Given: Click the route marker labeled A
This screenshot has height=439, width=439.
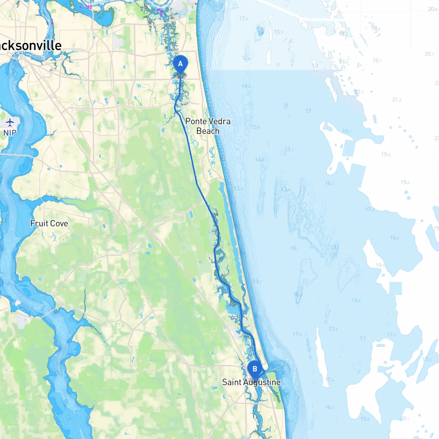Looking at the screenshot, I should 180,64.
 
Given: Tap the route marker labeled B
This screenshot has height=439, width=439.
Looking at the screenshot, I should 255,369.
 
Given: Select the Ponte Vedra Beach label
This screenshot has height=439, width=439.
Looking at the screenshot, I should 208,126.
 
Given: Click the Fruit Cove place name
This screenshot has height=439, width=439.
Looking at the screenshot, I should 49,224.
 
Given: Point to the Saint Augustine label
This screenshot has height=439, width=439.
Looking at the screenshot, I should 251,382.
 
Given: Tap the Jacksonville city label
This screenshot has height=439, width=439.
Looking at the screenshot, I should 31,46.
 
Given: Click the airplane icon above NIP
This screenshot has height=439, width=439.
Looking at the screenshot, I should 10,122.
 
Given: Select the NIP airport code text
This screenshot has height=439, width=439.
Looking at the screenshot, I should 10,133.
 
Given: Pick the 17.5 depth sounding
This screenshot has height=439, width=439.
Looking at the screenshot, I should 244,19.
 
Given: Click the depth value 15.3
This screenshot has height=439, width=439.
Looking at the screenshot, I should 278,32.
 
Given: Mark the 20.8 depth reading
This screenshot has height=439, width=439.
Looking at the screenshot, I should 432,9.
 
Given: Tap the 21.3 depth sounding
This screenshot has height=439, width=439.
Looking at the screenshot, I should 396,100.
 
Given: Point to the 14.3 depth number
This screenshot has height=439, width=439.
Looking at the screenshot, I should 246,86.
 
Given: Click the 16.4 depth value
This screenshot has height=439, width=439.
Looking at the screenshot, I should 394,238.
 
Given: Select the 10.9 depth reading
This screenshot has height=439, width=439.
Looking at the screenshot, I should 298,295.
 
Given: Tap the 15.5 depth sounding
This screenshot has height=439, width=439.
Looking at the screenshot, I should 356,300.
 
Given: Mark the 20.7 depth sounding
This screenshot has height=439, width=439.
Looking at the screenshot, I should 429,54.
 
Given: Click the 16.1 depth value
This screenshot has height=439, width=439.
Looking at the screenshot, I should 295,248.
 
